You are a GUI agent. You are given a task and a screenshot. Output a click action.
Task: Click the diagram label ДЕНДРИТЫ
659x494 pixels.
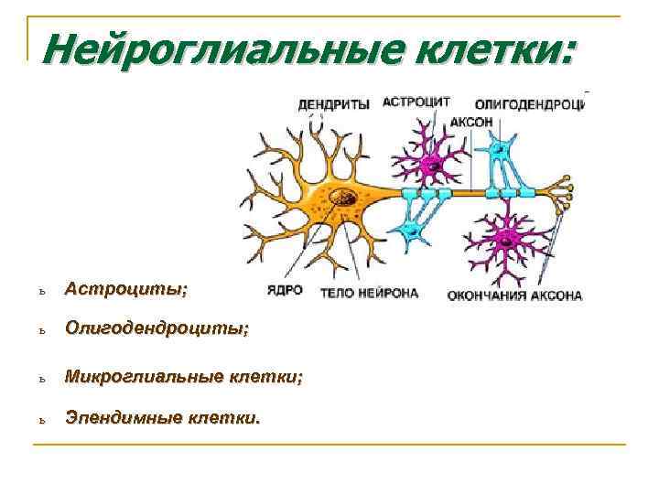[333, 104]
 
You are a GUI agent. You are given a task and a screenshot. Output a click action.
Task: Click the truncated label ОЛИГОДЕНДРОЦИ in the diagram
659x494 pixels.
[529, 104]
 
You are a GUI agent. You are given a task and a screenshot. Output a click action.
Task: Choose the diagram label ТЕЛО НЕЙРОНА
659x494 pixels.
[369, 294]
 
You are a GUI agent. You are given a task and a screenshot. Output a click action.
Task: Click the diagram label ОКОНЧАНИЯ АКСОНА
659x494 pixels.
[514, 295]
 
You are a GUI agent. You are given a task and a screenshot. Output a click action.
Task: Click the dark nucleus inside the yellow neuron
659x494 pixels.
[345, 196]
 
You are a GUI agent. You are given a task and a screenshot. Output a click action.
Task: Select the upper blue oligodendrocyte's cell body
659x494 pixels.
[500, 147]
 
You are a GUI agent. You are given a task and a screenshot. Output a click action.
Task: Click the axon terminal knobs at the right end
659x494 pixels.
[568, 193]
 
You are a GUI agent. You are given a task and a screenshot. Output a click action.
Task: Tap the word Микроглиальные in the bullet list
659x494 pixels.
[138, 376]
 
